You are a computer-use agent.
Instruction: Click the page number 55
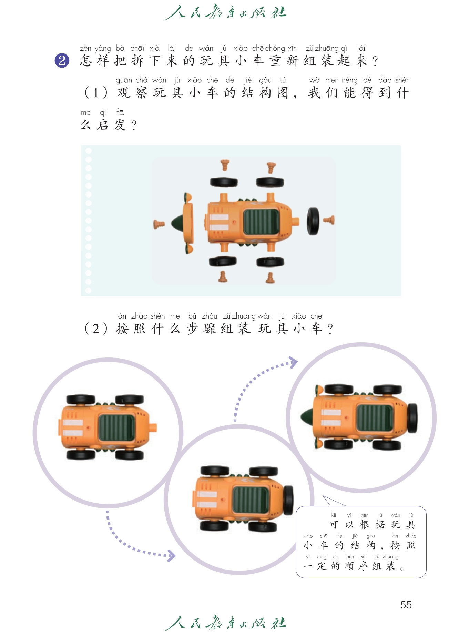[x=406, y=605]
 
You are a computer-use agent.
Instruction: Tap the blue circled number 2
[x=62, y=61]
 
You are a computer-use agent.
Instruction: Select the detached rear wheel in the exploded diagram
[x=313, y=221]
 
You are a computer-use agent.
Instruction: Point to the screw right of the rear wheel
[x=329, y=220]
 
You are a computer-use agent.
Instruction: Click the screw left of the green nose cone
[x=159, y=224]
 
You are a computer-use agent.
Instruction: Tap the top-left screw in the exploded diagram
[x=225, y=165]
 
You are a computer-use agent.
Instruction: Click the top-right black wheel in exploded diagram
[x=270, y=182]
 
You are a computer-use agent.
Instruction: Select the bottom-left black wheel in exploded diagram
[x=223, y=261]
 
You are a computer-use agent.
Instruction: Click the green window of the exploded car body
[x=261, y=222]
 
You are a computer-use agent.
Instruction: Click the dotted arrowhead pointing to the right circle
[x=293, y=362]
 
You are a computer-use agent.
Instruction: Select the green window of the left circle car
[x=116, y=427]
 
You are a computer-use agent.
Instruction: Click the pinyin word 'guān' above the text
[x=124, y=80]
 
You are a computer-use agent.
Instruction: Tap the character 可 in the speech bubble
[x=334, y=525]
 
